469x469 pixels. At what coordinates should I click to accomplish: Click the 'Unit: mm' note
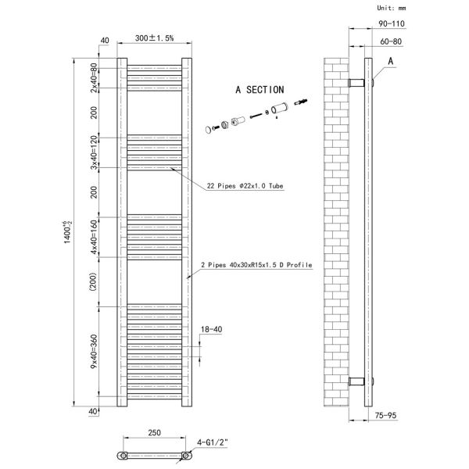[392, 8]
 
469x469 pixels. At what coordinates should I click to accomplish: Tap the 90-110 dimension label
[392, 23]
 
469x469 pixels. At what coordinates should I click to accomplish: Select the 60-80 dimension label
[391, 41]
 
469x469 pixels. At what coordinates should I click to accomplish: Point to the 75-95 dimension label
[385, 415]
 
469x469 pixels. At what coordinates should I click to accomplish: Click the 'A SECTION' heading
[260, 90]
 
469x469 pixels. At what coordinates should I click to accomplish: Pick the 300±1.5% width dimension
[154, 38]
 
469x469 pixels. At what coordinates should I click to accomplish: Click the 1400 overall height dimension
[67, 232]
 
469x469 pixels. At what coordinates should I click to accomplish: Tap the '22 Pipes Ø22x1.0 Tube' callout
[245, 186]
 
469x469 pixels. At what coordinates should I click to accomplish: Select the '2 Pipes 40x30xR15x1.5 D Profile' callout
[256, 265]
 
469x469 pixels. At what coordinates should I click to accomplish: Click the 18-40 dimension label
[212, 329]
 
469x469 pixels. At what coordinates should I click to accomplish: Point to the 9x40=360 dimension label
[94, 352]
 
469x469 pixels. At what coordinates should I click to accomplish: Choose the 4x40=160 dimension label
[94, 237]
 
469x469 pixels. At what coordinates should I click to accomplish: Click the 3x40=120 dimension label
[94, 152]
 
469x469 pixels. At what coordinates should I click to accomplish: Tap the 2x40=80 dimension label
[94, 77]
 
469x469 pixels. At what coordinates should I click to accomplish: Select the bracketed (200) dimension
[93, 281]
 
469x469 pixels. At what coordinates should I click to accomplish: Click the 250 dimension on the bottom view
[154, 432]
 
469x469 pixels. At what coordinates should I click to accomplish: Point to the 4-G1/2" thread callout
[213, 442]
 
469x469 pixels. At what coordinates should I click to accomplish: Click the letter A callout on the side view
[390, 61]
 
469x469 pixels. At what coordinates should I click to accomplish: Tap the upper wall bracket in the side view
[356, 83]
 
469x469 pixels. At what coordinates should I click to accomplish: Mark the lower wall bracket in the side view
[356, 381]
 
